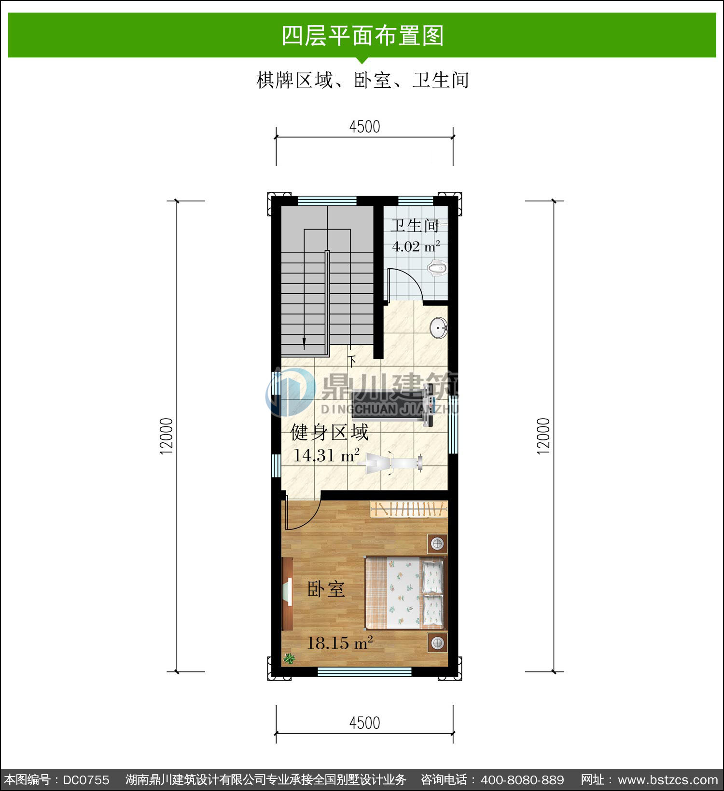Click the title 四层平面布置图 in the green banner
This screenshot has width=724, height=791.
362,36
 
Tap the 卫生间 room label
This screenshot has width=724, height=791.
415,226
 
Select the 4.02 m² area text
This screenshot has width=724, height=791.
416,246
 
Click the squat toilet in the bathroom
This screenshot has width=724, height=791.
437,269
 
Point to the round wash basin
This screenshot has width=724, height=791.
439,327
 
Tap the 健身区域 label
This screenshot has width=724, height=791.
330,432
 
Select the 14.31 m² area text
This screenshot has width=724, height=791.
326,455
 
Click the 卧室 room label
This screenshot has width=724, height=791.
326,588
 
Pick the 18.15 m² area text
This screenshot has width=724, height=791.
340,642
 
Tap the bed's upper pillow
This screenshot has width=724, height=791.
433,576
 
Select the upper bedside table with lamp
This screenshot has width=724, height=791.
437,544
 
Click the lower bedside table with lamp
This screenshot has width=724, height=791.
437,642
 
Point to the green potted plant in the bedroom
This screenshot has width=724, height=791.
289,658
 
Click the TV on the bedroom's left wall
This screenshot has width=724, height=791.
287,593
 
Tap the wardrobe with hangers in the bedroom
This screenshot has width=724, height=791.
409,509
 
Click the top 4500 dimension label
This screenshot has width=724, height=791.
364,127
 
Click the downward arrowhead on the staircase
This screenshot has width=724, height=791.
304,343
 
